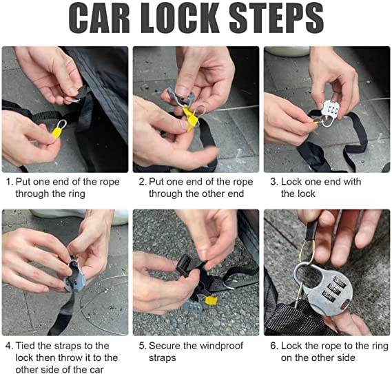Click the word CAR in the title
point(99,18)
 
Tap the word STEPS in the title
point(276,18)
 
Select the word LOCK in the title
point(180,18)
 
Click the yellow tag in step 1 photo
point(57,132)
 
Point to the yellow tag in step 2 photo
point(191,118)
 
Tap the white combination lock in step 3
point(330,110)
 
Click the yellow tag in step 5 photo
point(211,301)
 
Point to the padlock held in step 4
point(74,277)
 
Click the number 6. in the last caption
point(274,346)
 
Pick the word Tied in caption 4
point(25,346)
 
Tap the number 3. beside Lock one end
point(274,182)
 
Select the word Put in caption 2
point(156,182)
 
